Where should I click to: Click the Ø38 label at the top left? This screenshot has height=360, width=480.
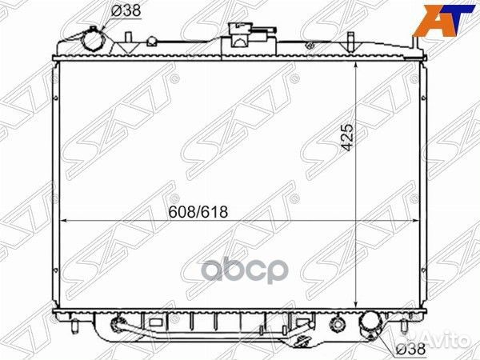point(126,10)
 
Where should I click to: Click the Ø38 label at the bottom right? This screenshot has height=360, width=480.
point(410,349)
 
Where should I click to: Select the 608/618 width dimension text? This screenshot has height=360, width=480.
point(198,212)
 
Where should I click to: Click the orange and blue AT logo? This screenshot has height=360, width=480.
point(443,19)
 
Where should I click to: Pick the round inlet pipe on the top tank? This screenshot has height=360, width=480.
point(94,42)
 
